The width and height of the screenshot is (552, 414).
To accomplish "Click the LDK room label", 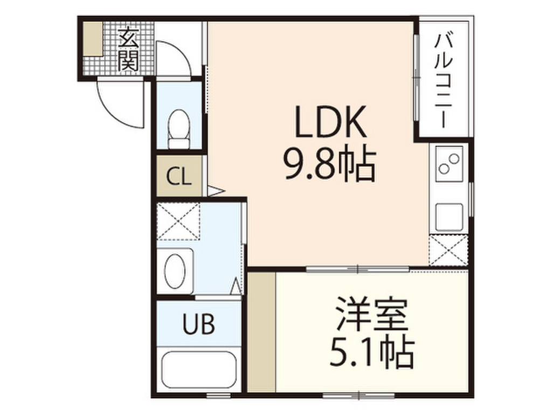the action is tap(330, 122).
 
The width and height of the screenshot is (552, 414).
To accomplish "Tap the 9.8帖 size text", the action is tap(330, 164).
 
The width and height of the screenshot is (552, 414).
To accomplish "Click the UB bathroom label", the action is tap(198, 324).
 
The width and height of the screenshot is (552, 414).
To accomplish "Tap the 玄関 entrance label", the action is tap(128, 49).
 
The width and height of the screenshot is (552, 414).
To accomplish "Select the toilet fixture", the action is tap(179, 129).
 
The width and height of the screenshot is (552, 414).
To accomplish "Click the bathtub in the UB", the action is tap(198, 369).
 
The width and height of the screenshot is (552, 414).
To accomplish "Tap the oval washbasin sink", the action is tap(175, 271).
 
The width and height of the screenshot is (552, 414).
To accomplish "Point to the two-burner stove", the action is tap(449, 163).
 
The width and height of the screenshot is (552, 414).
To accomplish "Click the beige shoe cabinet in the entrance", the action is tap(93, 39).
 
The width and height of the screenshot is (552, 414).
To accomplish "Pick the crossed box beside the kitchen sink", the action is tap(448, 250).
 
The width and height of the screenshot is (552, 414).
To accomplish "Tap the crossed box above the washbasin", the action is tap(178, 222).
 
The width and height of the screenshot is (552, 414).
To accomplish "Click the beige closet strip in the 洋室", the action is tap(262, 332).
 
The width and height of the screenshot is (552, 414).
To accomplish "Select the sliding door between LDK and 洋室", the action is tap(358, 270).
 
